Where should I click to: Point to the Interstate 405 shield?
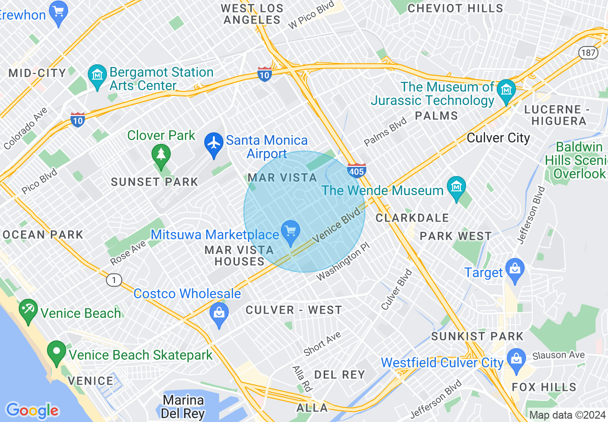[357, 170]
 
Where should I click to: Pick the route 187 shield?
[587, 52]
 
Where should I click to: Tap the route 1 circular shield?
[114, 280]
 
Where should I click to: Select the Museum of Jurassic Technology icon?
[506, 89]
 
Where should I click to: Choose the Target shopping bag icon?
[515, 269]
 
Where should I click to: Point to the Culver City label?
[498, 138]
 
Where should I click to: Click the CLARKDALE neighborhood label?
[412, 218]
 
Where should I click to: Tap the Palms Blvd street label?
[385, 132]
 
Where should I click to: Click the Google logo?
[32, 410]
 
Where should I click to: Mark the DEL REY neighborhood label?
[339, 375]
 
